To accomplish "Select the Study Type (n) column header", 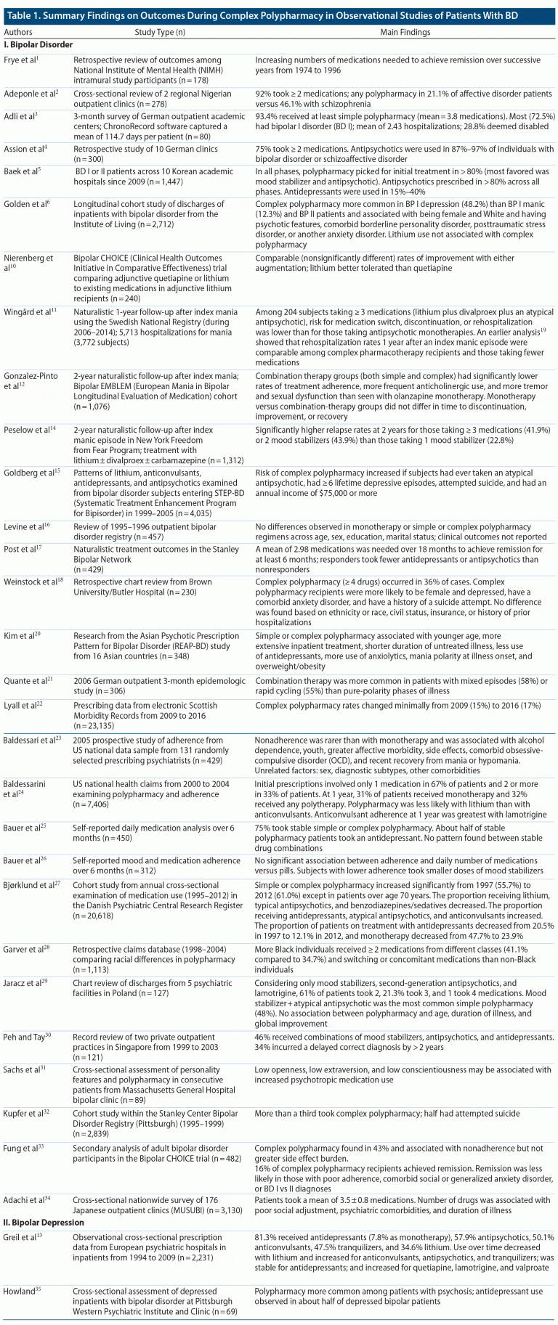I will click(160, 32).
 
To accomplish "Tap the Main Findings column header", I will click(405, 32).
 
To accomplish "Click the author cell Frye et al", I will click(21, 60).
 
